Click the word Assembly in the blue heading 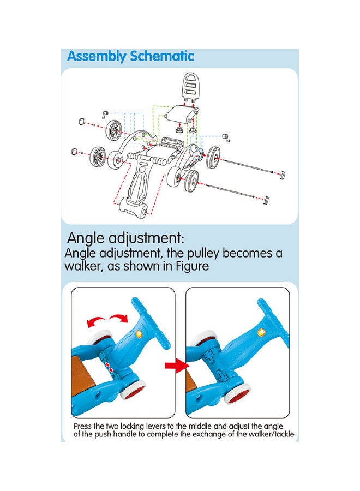(x=97, y=57)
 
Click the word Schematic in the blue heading (x=162, y=56)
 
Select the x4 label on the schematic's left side (x=104, y=118)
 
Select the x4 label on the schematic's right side (x=228, y=141)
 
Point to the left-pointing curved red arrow (x=95, y=321)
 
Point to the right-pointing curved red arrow (x=119, y=318)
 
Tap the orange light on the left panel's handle (x=139, y=334)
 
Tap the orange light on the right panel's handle (x=260, y=333)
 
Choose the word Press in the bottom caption (x=83, y=426)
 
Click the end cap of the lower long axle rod (x=266, y=200)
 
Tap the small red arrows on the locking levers (x=109, y=367)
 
